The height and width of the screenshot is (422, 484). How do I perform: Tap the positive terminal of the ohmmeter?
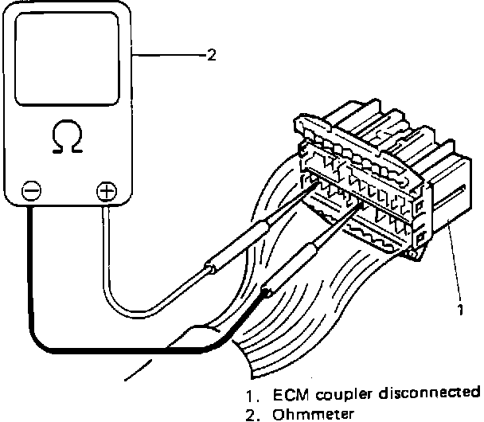tap(105, 191)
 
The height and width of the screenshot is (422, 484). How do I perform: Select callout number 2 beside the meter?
tap(211, 55)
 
